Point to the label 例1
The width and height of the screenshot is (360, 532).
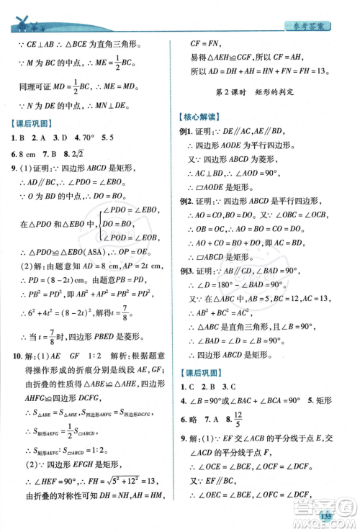[x=184, y=132]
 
